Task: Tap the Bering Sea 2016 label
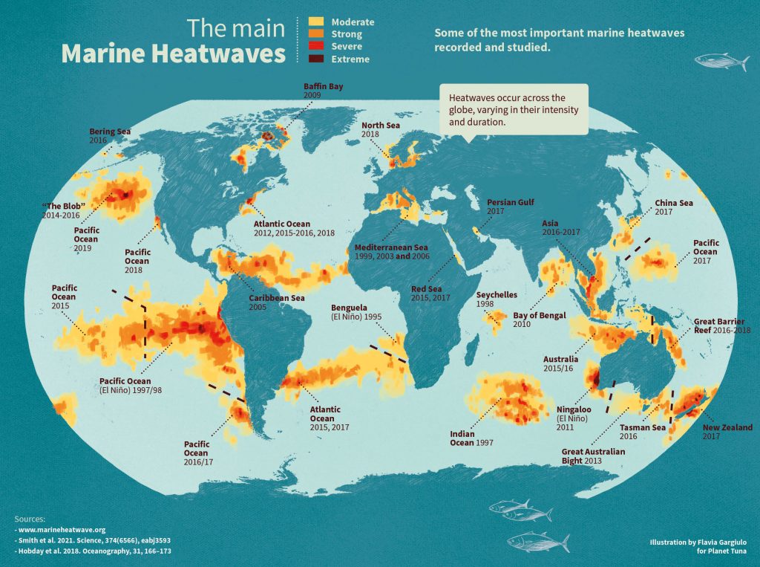point(109,135)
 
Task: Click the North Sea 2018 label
point(381,129)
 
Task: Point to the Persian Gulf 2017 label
point(510,207)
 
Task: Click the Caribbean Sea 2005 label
point(277,302)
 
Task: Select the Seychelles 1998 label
point(496,299)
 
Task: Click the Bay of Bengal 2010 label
point(539,320)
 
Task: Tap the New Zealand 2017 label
point(727,432)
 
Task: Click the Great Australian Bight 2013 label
point(592,456)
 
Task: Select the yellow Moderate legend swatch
point(315,22)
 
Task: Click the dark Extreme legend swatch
point(315,59)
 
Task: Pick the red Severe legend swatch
point(315,47)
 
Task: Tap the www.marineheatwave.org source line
point(53,530)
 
